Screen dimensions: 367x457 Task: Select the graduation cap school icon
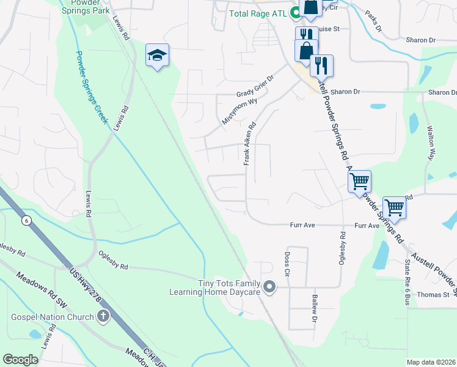[x=157, y=56]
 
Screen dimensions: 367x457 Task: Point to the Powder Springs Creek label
[x=92, y=86]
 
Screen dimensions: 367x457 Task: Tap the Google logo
[x=20, y=359]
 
